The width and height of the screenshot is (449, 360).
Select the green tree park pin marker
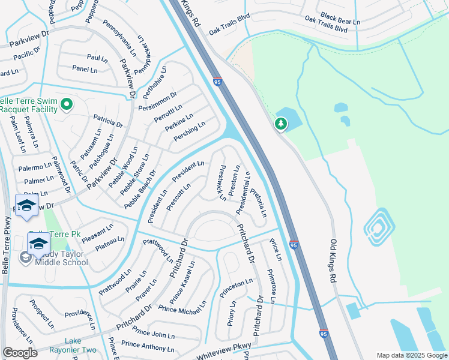[280, 124]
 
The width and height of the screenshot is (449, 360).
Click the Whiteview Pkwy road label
[223, 351]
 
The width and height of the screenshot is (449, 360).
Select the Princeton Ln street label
[237, 284]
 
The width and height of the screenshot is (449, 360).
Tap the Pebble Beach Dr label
[140, 190]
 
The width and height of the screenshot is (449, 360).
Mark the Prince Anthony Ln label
[148, 347]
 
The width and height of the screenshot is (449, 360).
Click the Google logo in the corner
[20, 353]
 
